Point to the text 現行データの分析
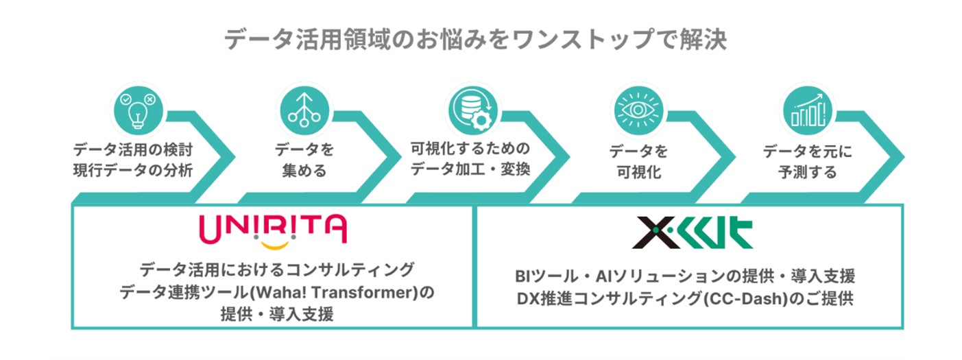click(x=132, y=170)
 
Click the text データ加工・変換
click(x=470, y=169)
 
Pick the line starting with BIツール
click(x=684, y=277)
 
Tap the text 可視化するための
click(x=470, y=148)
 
